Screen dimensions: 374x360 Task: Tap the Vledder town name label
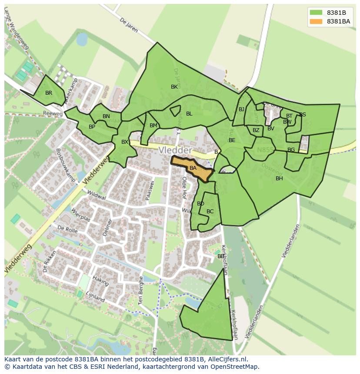175,150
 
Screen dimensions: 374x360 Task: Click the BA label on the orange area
193,168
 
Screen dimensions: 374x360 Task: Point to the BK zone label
174,87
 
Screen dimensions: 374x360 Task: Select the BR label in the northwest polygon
49,93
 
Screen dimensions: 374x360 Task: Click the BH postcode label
279,179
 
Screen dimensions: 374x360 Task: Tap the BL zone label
189,114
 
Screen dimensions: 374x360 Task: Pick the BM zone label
153,126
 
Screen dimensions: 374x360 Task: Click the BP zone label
92,127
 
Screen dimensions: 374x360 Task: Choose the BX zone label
125,142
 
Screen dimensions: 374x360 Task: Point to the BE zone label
232,140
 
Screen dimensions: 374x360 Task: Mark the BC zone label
210,212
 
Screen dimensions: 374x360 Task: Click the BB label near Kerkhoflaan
221,256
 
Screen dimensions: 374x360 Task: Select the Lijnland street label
95,297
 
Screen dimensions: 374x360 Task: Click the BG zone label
291,150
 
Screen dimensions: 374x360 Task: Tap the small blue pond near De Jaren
81,40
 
